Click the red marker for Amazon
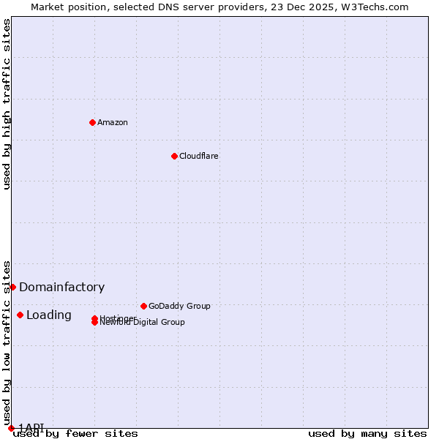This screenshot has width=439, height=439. [x=92, y=122]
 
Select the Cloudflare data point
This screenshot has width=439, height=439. [x=174, y=156]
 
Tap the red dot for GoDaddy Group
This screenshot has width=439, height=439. [x=143, y=306]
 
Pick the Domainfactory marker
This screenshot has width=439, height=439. [x=12, y=287]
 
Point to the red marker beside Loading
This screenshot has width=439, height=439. [x=20, y=315]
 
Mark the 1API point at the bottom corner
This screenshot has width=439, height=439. [x=11, y=428]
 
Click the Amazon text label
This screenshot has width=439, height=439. [x=113, y=122]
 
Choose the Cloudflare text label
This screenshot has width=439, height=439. [x=199, y=156]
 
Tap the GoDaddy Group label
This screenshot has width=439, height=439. [x=179, y=306]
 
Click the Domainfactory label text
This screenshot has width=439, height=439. [x=61, y=288]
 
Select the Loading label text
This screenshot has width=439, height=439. [x=49, y=315]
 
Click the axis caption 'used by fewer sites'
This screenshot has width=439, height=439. [x=75, y=434]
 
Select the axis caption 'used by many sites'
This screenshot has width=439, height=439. [x=367, y=434]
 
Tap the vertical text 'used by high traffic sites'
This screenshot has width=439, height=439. [x=7, y=104]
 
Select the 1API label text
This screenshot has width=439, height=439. [x=31, y=427]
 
